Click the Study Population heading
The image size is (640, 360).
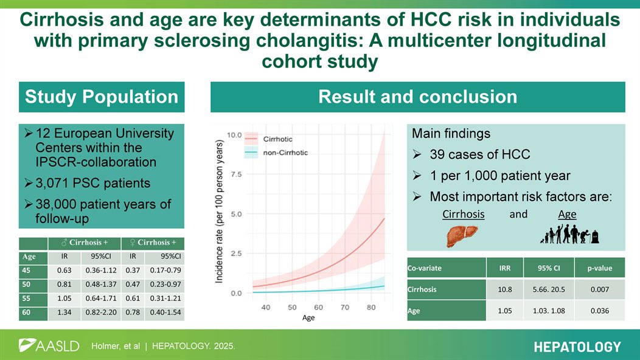pyautogui.click(x=101, y=97)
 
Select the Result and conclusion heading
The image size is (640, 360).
pyautogui.click(x=417, y=97)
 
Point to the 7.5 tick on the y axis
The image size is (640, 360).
pyautogui.click(x=237, y=175)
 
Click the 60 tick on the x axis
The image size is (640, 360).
pyautogui.click(x=319, y=308)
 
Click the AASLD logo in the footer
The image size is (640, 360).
pyautogui.click(x=49, y=346)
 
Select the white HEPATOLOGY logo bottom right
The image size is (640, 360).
pyautogui.click(x=577, y=347)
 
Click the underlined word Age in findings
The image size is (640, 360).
pyautogui.click(x=566, y=215)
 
